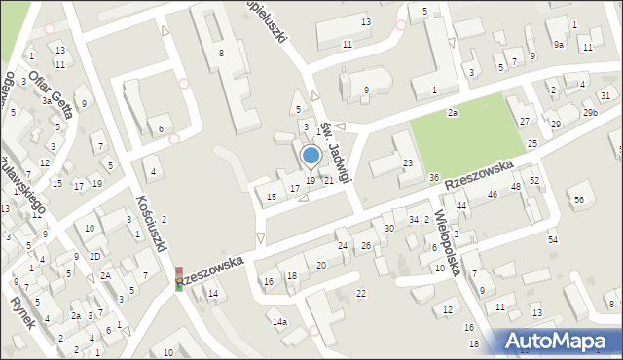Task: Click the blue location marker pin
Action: click(x=311, y=156)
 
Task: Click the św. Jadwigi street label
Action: click(x=335, y=150)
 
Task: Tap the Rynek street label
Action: click(x=19, y=308)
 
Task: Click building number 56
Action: click(x=578, y=199)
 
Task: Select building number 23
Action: click(x=408, y=162)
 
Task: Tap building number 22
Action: click(x=361, y=293)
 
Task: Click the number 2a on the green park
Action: click(x=453, y=113)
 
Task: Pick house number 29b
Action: click(x=590, y=113)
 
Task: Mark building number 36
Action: click(x=433, y=177)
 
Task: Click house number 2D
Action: click(x=95, y=256)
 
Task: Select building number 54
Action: click(x=553, y=239)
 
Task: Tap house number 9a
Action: click(x=559, y=45)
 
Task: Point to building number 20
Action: click(x=321, y=266)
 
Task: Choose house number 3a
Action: click(x=46, y=100)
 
